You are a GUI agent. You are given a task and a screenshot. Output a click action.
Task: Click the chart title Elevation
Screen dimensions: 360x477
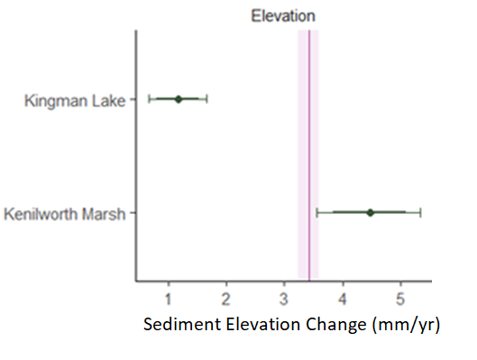[x=282, y=14]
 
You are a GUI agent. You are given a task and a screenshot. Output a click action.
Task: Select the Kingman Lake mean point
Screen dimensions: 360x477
[x=179, y=98]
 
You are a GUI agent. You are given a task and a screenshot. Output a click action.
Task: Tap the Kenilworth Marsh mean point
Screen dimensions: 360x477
[x=370, y=212]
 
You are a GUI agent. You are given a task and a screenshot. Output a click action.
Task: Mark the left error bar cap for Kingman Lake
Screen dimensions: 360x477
[x=150, y=98]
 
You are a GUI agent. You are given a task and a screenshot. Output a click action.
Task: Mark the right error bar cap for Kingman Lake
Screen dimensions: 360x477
[x=207, y=98]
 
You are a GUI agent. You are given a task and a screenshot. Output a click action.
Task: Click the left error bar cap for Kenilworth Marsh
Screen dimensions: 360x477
[x=317, y=212]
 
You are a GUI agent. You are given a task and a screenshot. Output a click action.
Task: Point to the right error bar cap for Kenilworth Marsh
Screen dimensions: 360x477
[x=421, y=212]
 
